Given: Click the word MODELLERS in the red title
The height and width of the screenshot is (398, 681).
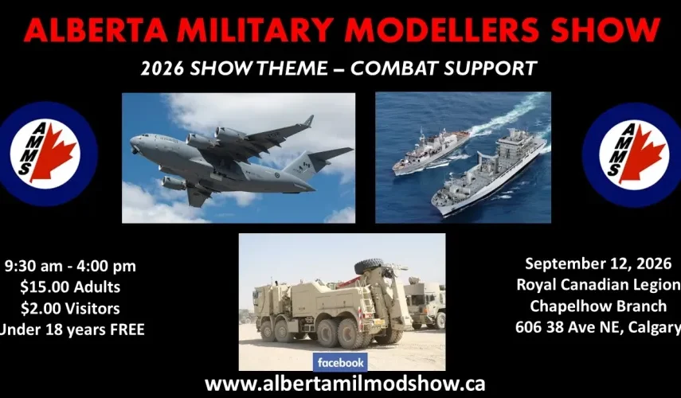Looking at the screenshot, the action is coord(439,30).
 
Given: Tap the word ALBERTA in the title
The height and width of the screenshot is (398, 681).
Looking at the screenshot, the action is coord(95,30).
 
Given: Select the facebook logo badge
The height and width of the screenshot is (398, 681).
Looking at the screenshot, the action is coord(340,362).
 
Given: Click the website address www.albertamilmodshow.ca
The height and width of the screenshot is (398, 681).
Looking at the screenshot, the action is coord(345,384).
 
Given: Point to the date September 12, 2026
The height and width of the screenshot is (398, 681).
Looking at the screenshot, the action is coord(598,263).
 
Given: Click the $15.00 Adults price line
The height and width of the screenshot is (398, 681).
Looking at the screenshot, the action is coord(70,287).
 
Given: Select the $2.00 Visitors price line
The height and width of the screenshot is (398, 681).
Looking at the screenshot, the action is coord(70,308).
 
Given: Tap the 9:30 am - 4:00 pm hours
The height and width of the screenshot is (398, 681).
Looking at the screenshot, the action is coord(70,266).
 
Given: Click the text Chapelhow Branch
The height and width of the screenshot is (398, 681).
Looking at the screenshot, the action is coord(598,306).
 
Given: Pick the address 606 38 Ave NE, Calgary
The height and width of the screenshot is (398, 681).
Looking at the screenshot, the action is coord(598,327).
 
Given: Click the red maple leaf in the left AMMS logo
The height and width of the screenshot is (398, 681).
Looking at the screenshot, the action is coord(53,152).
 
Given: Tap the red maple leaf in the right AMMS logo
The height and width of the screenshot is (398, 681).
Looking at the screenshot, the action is coord(642,153).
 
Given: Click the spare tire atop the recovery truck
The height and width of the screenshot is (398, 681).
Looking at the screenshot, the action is coord(369,266).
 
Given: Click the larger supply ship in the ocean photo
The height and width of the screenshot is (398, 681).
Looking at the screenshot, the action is coord(488,173).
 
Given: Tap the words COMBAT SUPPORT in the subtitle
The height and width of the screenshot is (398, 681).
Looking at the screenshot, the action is coord(444,68).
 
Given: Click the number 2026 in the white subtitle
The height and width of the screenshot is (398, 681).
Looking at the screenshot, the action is coord(162,68).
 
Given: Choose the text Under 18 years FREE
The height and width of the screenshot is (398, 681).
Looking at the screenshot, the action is coord(72,330).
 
